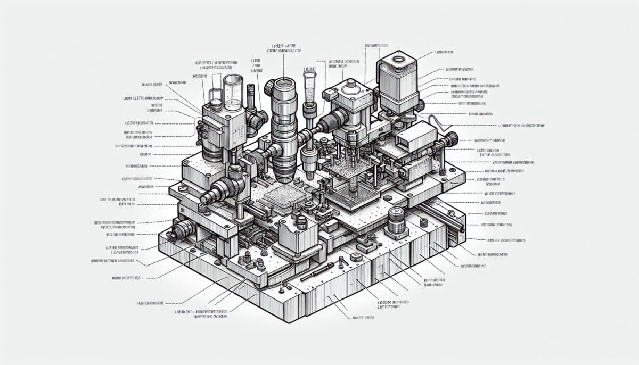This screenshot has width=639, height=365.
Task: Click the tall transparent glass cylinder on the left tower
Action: (x=233, y=93)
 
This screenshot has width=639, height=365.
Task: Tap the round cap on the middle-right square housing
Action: (x=350, y=85)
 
